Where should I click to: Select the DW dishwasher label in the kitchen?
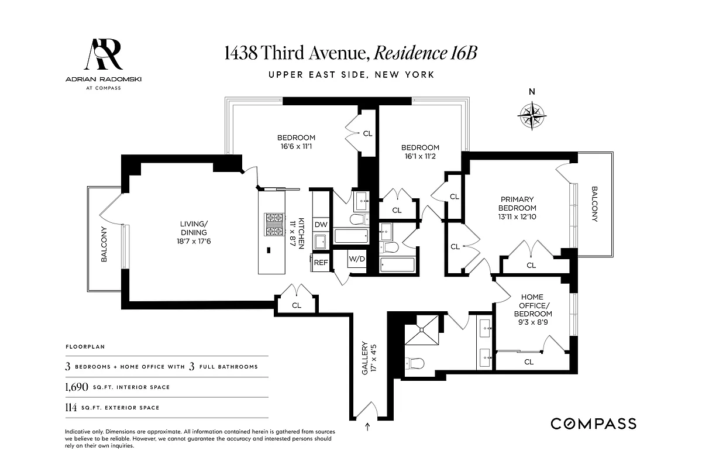tap(321, 225)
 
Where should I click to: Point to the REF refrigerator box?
tap(321, 263)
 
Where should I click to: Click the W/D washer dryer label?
tap(356, 259)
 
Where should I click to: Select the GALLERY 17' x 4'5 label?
tap(367, 357)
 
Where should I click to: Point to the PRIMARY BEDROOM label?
tap(517, 204)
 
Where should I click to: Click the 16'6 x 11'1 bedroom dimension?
tap(296, 146)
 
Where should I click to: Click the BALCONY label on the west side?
tap(104, 244)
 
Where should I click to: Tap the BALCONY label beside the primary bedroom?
tap(594, 204)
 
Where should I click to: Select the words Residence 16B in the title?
tap(425, 53)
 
